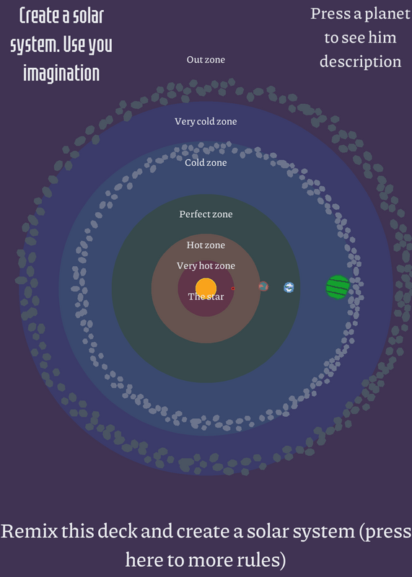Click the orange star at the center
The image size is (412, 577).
[x=206, y=288]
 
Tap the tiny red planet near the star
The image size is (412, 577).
[x=232, y=288]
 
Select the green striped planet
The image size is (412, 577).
[x=338, y=287]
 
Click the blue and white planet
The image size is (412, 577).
[x=289, y=287]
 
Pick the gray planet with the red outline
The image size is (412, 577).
[x=263, y=286]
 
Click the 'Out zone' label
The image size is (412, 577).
[x=206, y=60]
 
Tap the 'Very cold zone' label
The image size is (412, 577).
[x=206, y=121]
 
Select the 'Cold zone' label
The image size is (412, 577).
[x=206, y=163]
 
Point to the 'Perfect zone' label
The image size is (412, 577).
[x=206, y=214]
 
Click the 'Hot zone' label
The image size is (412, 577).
[x=206, y=245]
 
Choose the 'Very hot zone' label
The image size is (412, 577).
[x=206, y=265]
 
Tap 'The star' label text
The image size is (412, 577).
[x=206, y=296]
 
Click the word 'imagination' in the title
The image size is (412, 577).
[x=61, y=73]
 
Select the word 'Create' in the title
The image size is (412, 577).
[x=40, y=15]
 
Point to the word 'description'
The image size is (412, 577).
[x=361, y=61]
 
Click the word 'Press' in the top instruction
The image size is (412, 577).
[x=330, y=14]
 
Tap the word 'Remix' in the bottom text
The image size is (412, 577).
[x=29, y=531]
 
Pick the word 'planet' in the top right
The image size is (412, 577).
[x=387, y=14]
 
